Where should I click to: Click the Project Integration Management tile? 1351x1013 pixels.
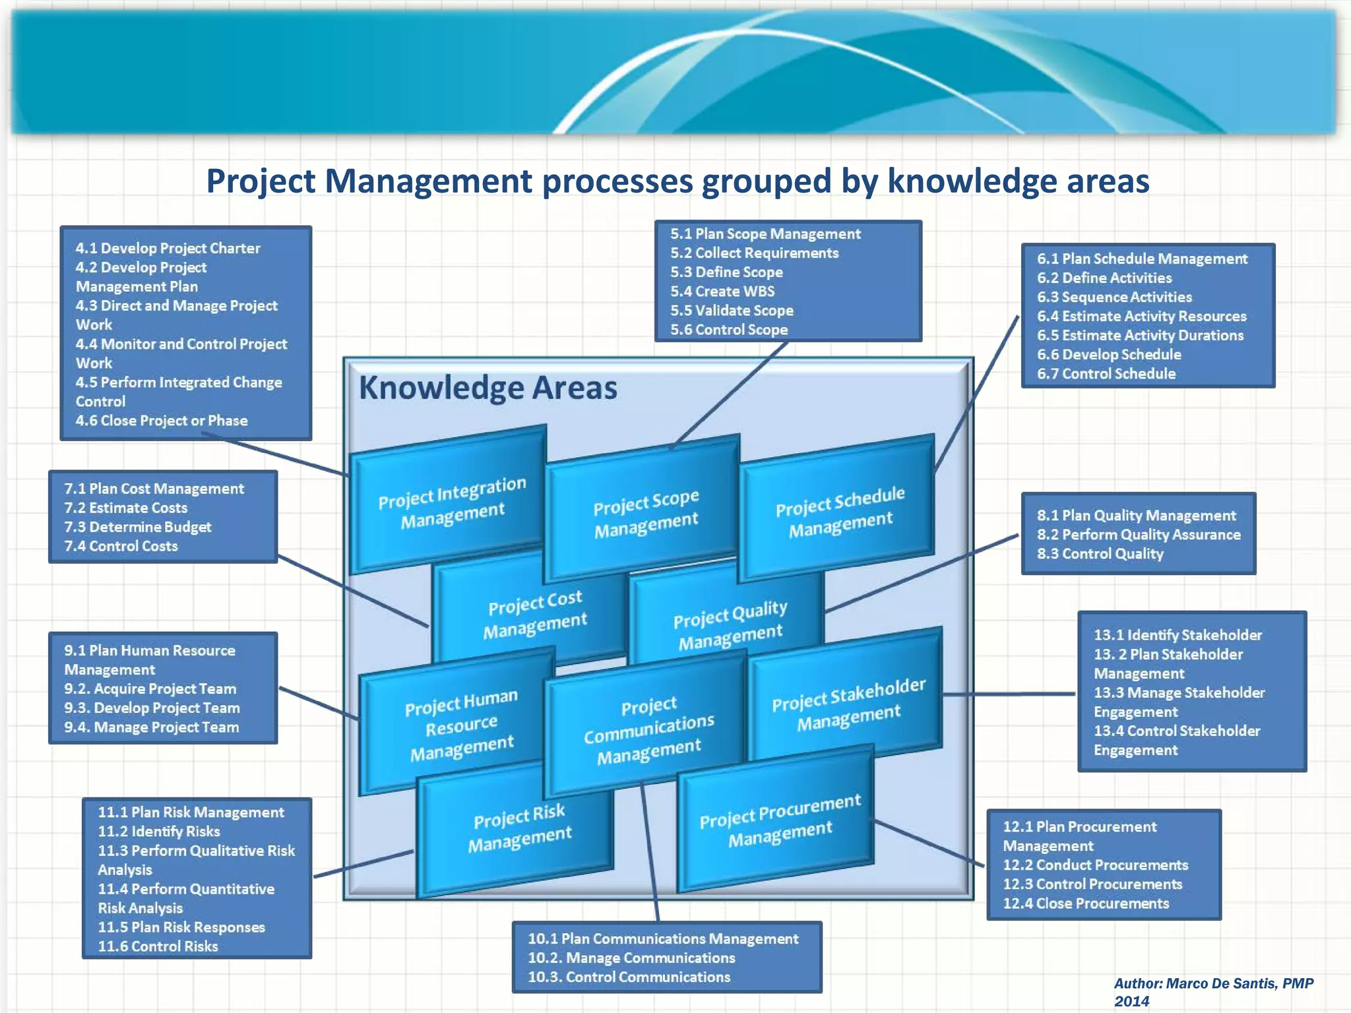tap(452, 503)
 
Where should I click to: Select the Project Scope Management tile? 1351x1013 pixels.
tap(645, 513)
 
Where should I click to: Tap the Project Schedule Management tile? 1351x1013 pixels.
tap(840, 511)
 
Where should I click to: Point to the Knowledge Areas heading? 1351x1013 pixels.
tap(487, 387)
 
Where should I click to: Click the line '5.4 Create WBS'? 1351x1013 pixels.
tap(722, 291)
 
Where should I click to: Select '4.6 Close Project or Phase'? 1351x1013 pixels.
tap(162, 421)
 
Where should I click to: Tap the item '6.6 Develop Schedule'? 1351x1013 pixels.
tap(1109, 355)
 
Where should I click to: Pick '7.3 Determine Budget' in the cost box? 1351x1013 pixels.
tap(138, 527)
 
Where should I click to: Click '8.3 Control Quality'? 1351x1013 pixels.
tap(1100, 554)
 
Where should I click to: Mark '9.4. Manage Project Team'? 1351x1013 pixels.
tap(152, 727)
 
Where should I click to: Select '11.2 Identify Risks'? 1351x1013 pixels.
tap(159, 832)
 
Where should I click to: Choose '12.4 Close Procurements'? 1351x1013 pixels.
tap(1086, 904)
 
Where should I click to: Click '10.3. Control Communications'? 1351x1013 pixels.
tap(629, 977)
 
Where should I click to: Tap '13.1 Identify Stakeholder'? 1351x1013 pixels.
tap(1178, 635)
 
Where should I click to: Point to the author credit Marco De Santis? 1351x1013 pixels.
tap(1213, 984)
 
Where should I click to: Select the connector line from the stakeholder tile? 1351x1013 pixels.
tap(1009, 694)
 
